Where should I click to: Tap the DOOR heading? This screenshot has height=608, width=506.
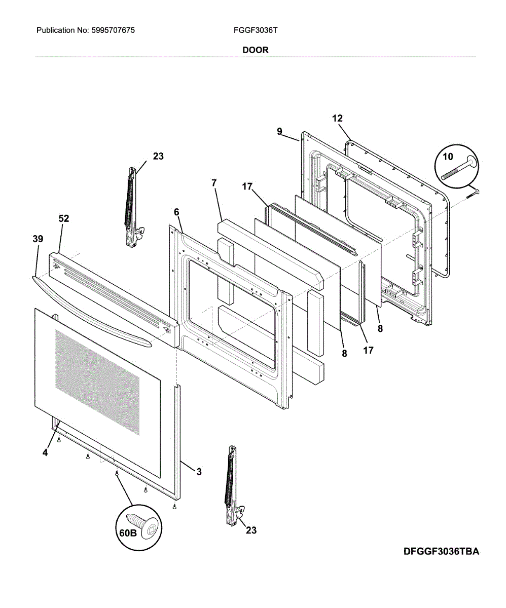click(255, 50)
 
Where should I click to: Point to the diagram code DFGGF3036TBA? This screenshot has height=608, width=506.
click(441, 551)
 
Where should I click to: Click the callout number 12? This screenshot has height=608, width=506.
click(337, 119)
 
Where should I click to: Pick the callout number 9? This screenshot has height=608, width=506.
click(279, 131)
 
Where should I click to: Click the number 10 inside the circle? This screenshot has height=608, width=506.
click(448, 157)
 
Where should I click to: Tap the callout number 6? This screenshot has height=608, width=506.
click(176, 211)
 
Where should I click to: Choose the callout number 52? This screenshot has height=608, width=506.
click(64, 218)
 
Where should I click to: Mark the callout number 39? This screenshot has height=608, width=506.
click(38, 239)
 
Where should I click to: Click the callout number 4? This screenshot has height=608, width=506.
click(45, 453)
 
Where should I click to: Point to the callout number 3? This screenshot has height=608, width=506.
click(199, 472)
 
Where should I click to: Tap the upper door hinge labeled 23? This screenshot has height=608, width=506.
click(132, 208)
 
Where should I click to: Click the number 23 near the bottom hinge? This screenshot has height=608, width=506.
click(250, 530)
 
